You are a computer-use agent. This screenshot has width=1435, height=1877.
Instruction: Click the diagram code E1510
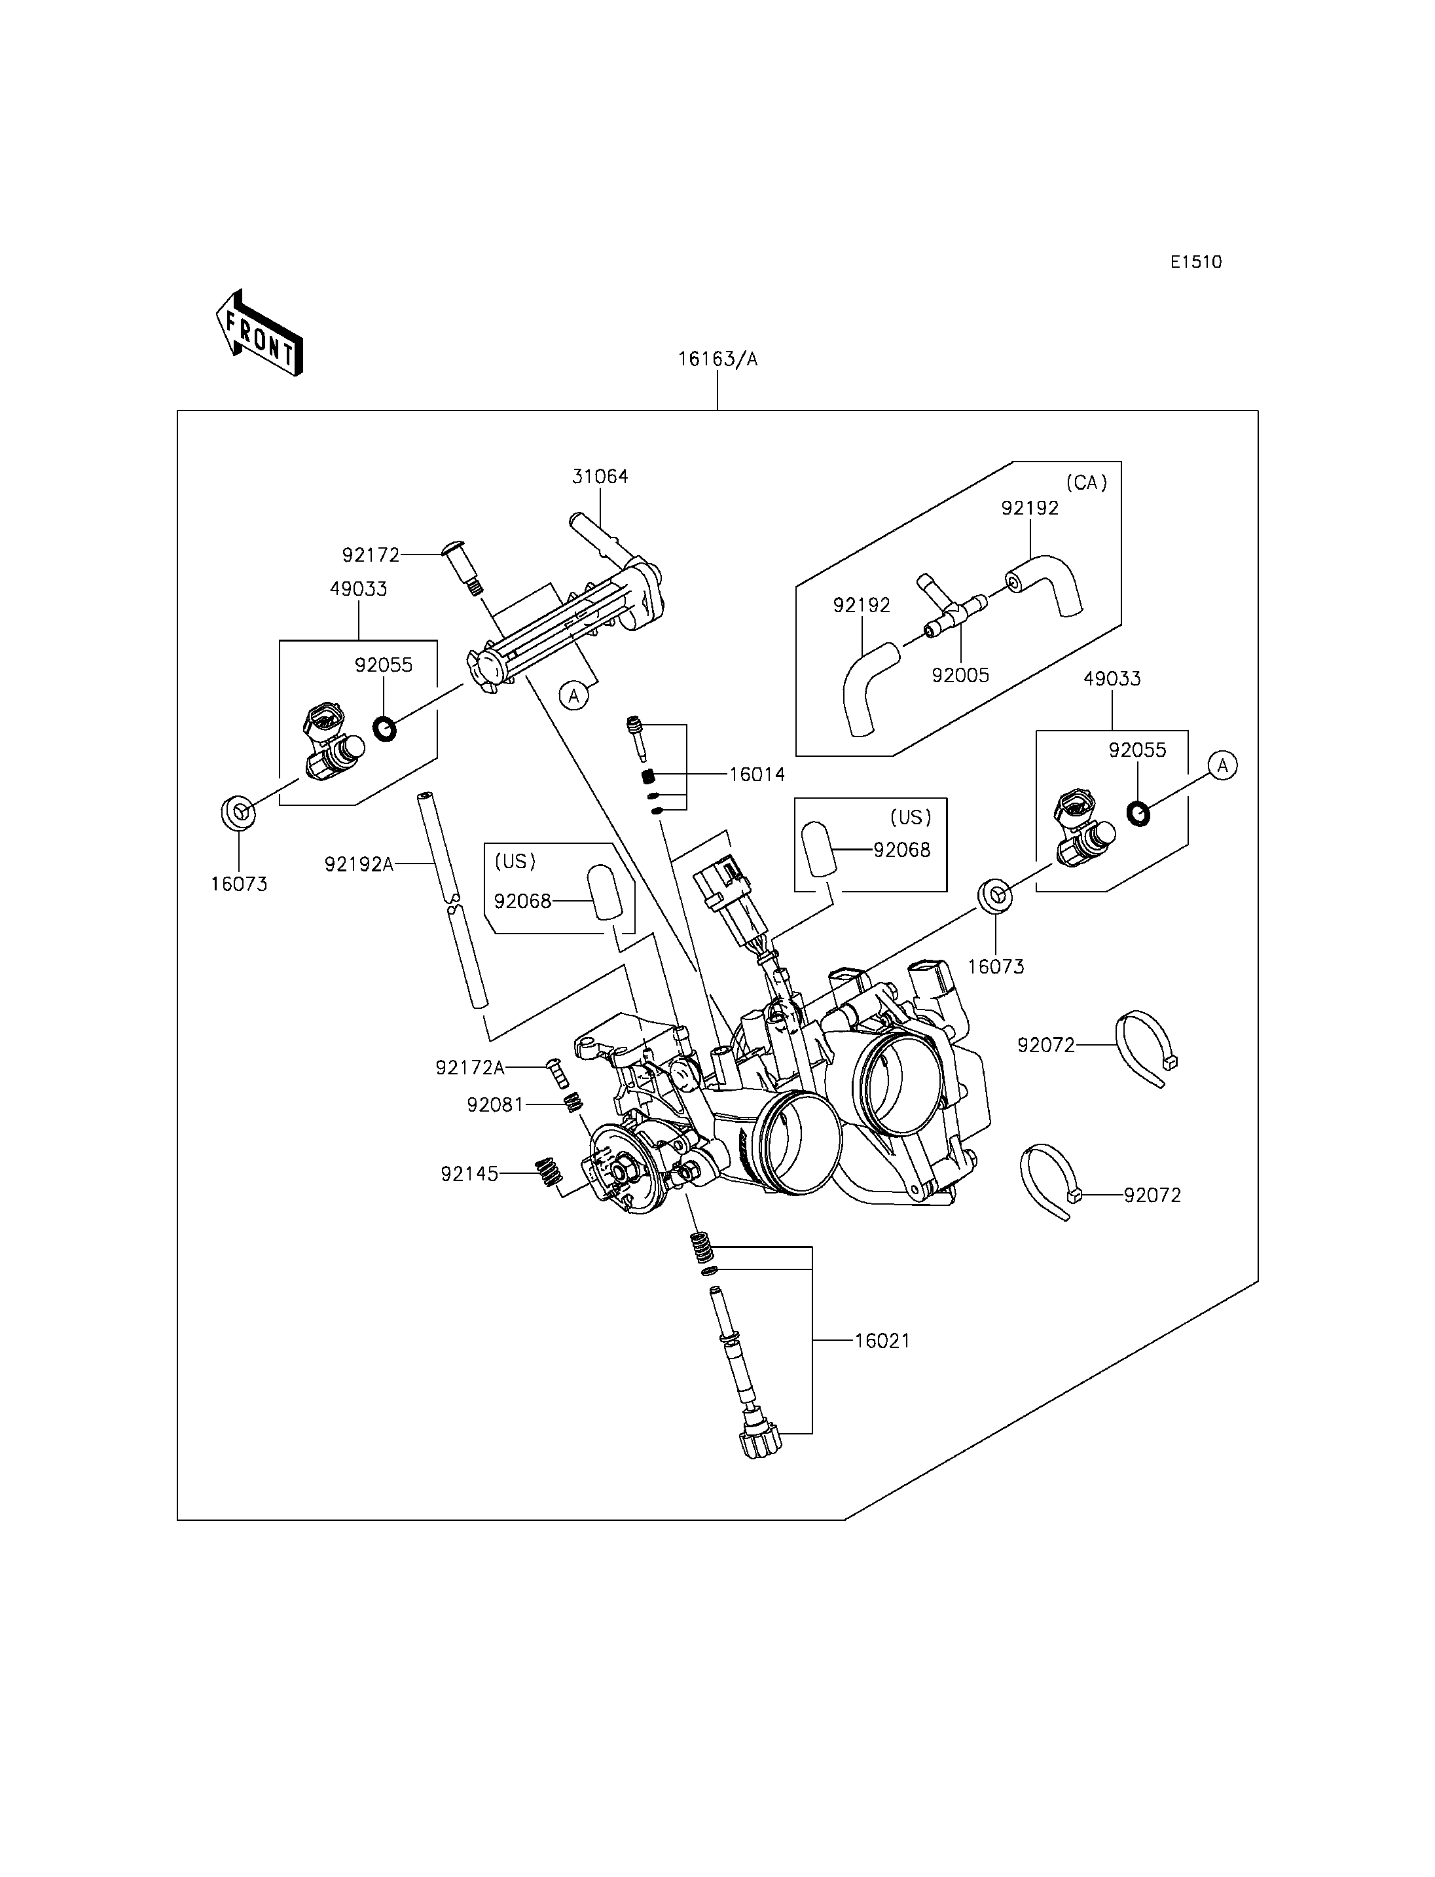(1196, 263)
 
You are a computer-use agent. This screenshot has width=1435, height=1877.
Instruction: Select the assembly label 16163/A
(717, 359)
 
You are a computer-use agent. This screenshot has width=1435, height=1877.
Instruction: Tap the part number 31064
(600, 477)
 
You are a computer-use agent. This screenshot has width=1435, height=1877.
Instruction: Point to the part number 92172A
(470, 1068)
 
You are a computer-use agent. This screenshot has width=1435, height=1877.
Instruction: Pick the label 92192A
(359, 865)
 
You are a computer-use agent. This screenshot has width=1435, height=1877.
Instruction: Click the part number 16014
(757, 775)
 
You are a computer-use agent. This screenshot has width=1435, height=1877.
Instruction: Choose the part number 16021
(882, 1341)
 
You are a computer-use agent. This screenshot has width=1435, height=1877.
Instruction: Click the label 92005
(960, 676)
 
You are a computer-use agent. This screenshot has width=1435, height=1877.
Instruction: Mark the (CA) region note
(1087, 483)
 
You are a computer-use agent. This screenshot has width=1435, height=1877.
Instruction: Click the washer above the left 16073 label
(238, 812)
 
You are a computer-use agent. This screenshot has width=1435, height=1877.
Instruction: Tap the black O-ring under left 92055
(385, 729)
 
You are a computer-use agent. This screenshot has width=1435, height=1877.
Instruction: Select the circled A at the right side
(1223, 765)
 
